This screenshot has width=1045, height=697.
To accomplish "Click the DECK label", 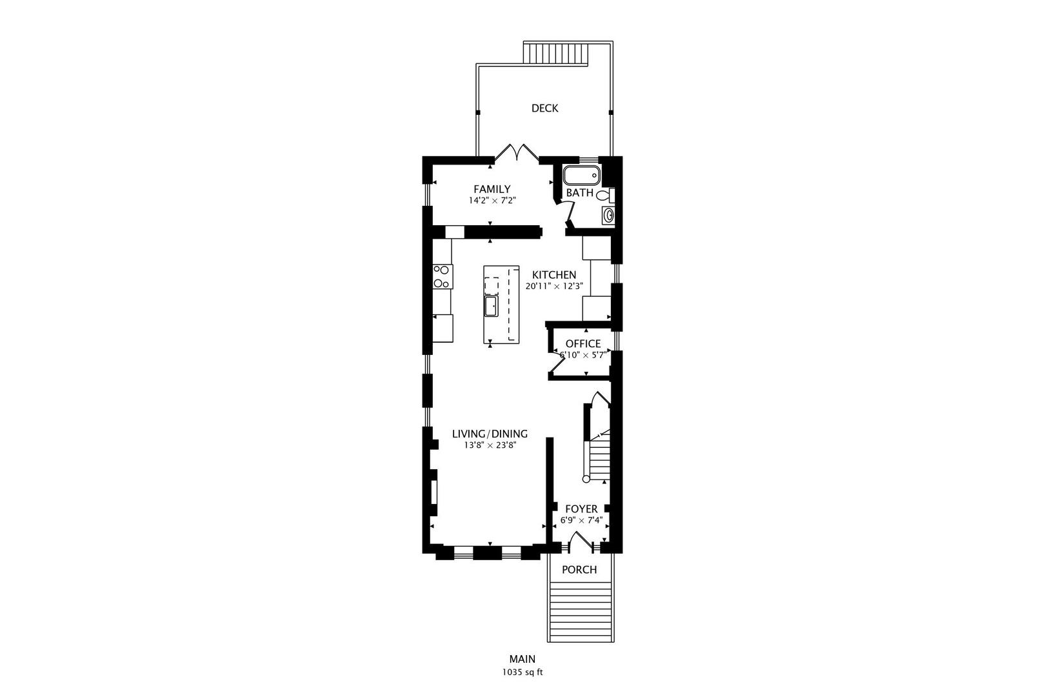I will [544, 108].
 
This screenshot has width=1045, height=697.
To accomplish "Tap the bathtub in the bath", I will [581, 176].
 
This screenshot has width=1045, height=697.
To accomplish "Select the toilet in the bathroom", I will [604, 194].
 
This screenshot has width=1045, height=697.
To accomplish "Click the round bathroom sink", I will [608, 216].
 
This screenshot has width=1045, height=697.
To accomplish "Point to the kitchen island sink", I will [492, 306].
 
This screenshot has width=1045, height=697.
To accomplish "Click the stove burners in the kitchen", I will [442, 276].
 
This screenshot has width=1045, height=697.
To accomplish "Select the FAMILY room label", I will [492, 189].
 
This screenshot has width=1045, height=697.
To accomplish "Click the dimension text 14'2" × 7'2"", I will [492, 201].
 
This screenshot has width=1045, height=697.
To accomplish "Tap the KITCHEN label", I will [553, 275].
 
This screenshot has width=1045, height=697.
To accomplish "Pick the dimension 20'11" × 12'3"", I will [554, 286].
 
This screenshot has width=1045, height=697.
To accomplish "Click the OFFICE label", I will [582, 344].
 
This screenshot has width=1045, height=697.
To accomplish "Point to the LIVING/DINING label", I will [490, 434].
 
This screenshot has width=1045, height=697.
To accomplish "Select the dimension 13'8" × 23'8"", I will [490, 445].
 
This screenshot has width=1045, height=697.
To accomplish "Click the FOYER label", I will [581, 509].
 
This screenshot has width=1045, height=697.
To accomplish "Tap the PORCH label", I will [579, 570].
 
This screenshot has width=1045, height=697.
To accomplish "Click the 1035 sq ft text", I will [522, 672].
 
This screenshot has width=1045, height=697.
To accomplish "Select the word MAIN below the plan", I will [522, 659].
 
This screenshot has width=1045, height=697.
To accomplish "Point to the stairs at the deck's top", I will [556, 53].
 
